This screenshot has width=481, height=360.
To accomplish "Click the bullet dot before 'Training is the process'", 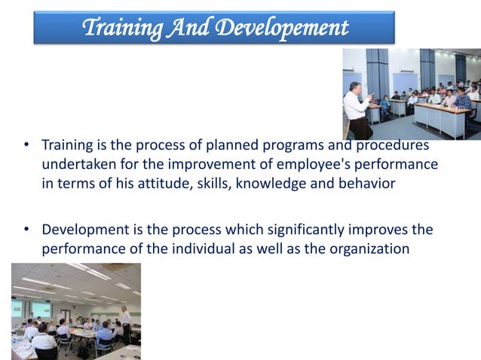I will point(26,145).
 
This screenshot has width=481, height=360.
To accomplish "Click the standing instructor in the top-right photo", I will point(357,105).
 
